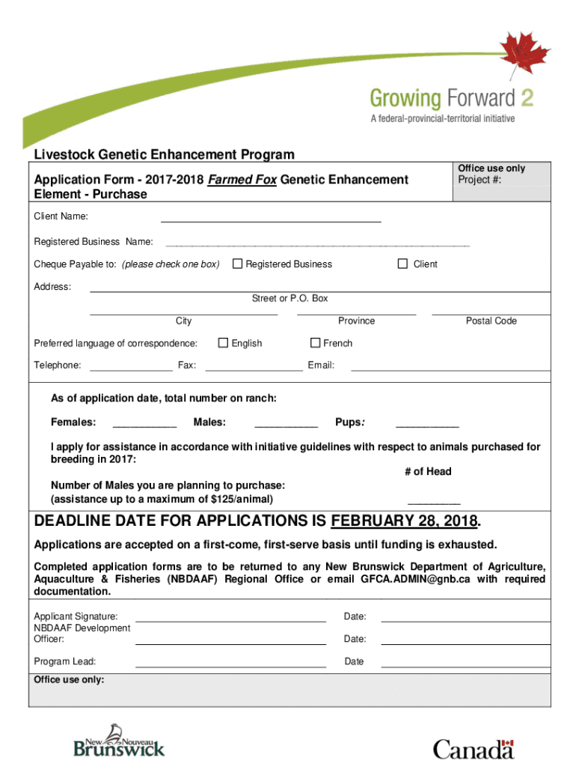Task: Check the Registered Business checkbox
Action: [x=237, y=264]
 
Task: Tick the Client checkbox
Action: [x=402, y=264]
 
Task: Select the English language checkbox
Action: [x=223, y=343]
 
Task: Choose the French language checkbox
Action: [x=315, y=343]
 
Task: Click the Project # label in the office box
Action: [x=480, y=180]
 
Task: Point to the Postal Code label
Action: [x=491, y=321]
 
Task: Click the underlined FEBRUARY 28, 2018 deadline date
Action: [x=404, y=521]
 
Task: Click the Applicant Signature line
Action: [x=230, y=619]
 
